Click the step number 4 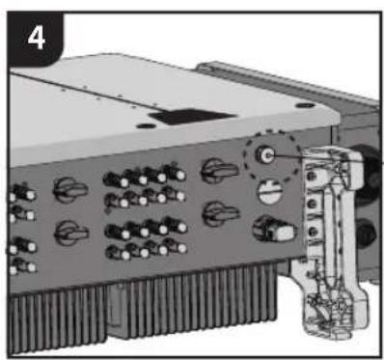pos(36,39)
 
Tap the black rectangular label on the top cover pos(192,117)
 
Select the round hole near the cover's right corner pos(305,105)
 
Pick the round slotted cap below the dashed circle pos(270,192)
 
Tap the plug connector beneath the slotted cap pos(274,229)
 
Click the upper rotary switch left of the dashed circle pos(220,170)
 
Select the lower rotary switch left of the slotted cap pos(221,213)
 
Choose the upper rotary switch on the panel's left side pos(69,190)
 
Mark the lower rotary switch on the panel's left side pos(71,234)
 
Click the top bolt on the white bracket pos(311,176)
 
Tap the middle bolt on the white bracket pos(312,204)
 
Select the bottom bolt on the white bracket pos(313,232)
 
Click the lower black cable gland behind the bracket pos(367,235)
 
